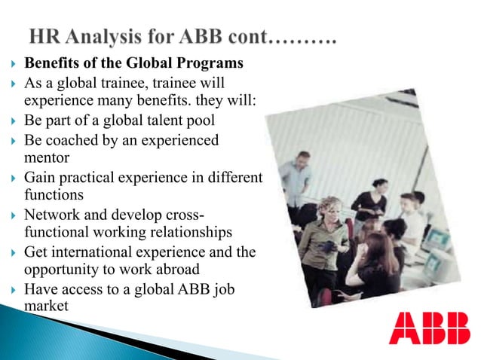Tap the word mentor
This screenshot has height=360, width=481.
coord(47,158)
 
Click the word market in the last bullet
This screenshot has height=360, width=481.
coord(45,307)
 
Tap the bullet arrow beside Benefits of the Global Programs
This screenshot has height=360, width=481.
coord(10,63)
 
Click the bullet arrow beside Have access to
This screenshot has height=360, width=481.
coord(10,290)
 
